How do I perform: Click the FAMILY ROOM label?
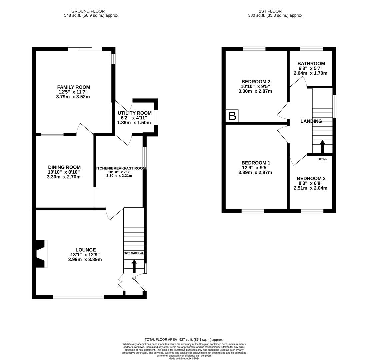click(73, 87)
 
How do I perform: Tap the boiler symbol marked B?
click(232, 116)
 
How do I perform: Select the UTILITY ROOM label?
click(134, 113)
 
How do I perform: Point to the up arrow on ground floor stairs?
click(134, 266)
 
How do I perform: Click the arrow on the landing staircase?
click(322, 146)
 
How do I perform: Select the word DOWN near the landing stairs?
click(322, 159)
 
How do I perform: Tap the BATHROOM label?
click(311, 64)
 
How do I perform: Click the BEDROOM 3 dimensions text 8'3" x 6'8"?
click(310, 183)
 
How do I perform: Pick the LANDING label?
click(311, 121)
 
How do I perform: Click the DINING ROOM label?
click(64, 167)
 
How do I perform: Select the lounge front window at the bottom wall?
click(78, 297)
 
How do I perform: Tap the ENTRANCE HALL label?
click(134, 253)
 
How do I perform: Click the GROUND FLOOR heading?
click(88, 11)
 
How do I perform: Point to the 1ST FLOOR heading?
click(270, 11)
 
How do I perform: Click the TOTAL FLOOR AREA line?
click(184, 339)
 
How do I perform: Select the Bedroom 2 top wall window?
click(254, 49)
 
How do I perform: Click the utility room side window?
click(156, 117)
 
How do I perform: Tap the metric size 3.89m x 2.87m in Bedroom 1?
click(255, 172)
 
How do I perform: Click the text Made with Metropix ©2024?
click(184, 358)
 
